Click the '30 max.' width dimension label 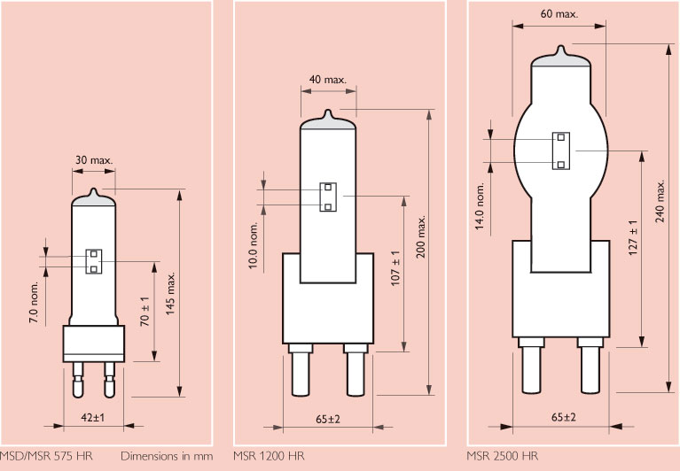click(94, 160)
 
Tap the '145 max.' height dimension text click(170, 294)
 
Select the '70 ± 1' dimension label click(145, 312)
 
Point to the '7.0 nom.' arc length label click(35, 302)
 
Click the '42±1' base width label click(93, 417)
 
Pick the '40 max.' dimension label click(328, 80)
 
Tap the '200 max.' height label click(420, 236)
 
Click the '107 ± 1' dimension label click(395, 268)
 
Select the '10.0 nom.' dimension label click(254, 245)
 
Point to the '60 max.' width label click(559, 14)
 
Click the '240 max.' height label click(660, 201)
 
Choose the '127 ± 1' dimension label click(633, 237)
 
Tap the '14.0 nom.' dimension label click(480, 206)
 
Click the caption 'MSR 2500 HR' click(502, 456)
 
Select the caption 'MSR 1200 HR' click(269, 456)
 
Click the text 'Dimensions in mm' click(167, 456)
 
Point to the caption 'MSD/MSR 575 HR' click(46, 456)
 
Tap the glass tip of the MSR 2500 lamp click(561, 50)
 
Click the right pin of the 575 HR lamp click(109, 380)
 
